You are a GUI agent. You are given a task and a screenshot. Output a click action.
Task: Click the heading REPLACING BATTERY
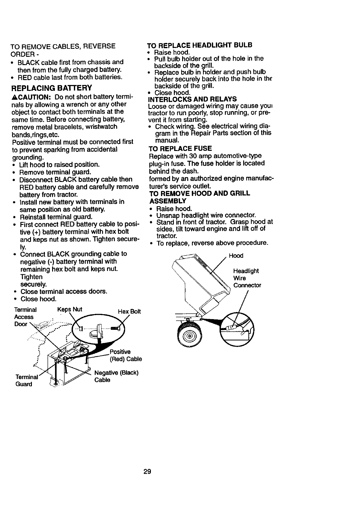(x=51, y=88)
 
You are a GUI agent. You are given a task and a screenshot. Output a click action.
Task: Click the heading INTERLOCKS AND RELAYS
(x=192, y=99)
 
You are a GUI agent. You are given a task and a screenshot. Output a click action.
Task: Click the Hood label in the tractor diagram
(x=236, y=256)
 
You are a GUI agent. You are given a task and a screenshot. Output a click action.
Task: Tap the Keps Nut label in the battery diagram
(x=70, y=309)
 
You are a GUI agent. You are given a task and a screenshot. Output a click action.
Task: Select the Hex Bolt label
(x=129, y=312)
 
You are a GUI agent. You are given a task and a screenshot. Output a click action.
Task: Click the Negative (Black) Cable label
(x=117, y=376)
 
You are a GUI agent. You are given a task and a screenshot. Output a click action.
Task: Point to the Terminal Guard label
(x=26, y=381)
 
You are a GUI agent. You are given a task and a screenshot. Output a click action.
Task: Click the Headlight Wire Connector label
(x=247, y=278)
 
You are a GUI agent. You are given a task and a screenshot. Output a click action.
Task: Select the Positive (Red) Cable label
(x=125, y=355)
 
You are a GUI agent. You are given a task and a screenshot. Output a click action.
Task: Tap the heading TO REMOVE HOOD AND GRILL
(x=199, y=193)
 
